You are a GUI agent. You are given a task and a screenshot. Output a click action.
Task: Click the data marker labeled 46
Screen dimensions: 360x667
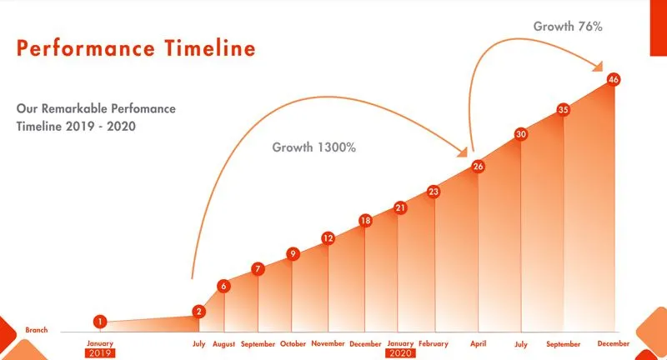(x=614, y=80)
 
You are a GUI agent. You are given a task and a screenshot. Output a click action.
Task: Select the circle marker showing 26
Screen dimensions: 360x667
(x=478, y=167)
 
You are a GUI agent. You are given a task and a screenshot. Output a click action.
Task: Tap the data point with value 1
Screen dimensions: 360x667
(x=100, y=321)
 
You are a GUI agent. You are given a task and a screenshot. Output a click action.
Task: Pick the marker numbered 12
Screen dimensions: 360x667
(x=328, y=238)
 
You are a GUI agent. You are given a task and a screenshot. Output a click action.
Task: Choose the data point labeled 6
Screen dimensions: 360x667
(x=223, y=287)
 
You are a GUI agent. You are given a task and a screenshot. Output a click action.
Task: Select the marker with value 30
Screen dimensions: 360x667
(x=521, y=134)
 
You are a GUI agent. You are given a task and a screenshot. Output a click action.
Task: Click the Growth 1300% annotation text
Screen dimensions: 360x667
(x=314, y=147)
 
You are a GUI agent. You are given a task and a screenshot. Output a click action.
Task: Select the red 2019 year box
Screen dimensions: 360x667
(x=99, y=352)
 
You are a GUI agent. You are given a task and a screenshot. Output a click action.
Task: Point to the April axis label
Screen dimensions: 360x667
(x=478, y=343)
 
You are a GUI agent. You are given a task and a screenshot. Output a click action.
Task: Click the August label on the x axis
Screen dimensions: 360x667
(x=223, y=343)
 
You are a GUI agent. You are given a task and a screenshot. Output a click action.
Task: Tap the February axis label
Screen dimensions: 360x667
(x=433, y=343)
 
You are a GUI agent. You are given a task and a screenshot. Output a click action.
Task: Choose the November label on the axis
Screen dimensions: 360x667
(x=328, y=343)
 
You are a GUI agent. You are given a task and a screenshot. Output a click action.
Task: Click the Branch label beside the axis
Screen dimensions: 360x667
(x=36, y=330)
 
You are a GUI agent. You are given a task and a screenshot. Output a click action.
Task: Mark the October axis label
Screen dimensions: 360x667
(x=293, y=343)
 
